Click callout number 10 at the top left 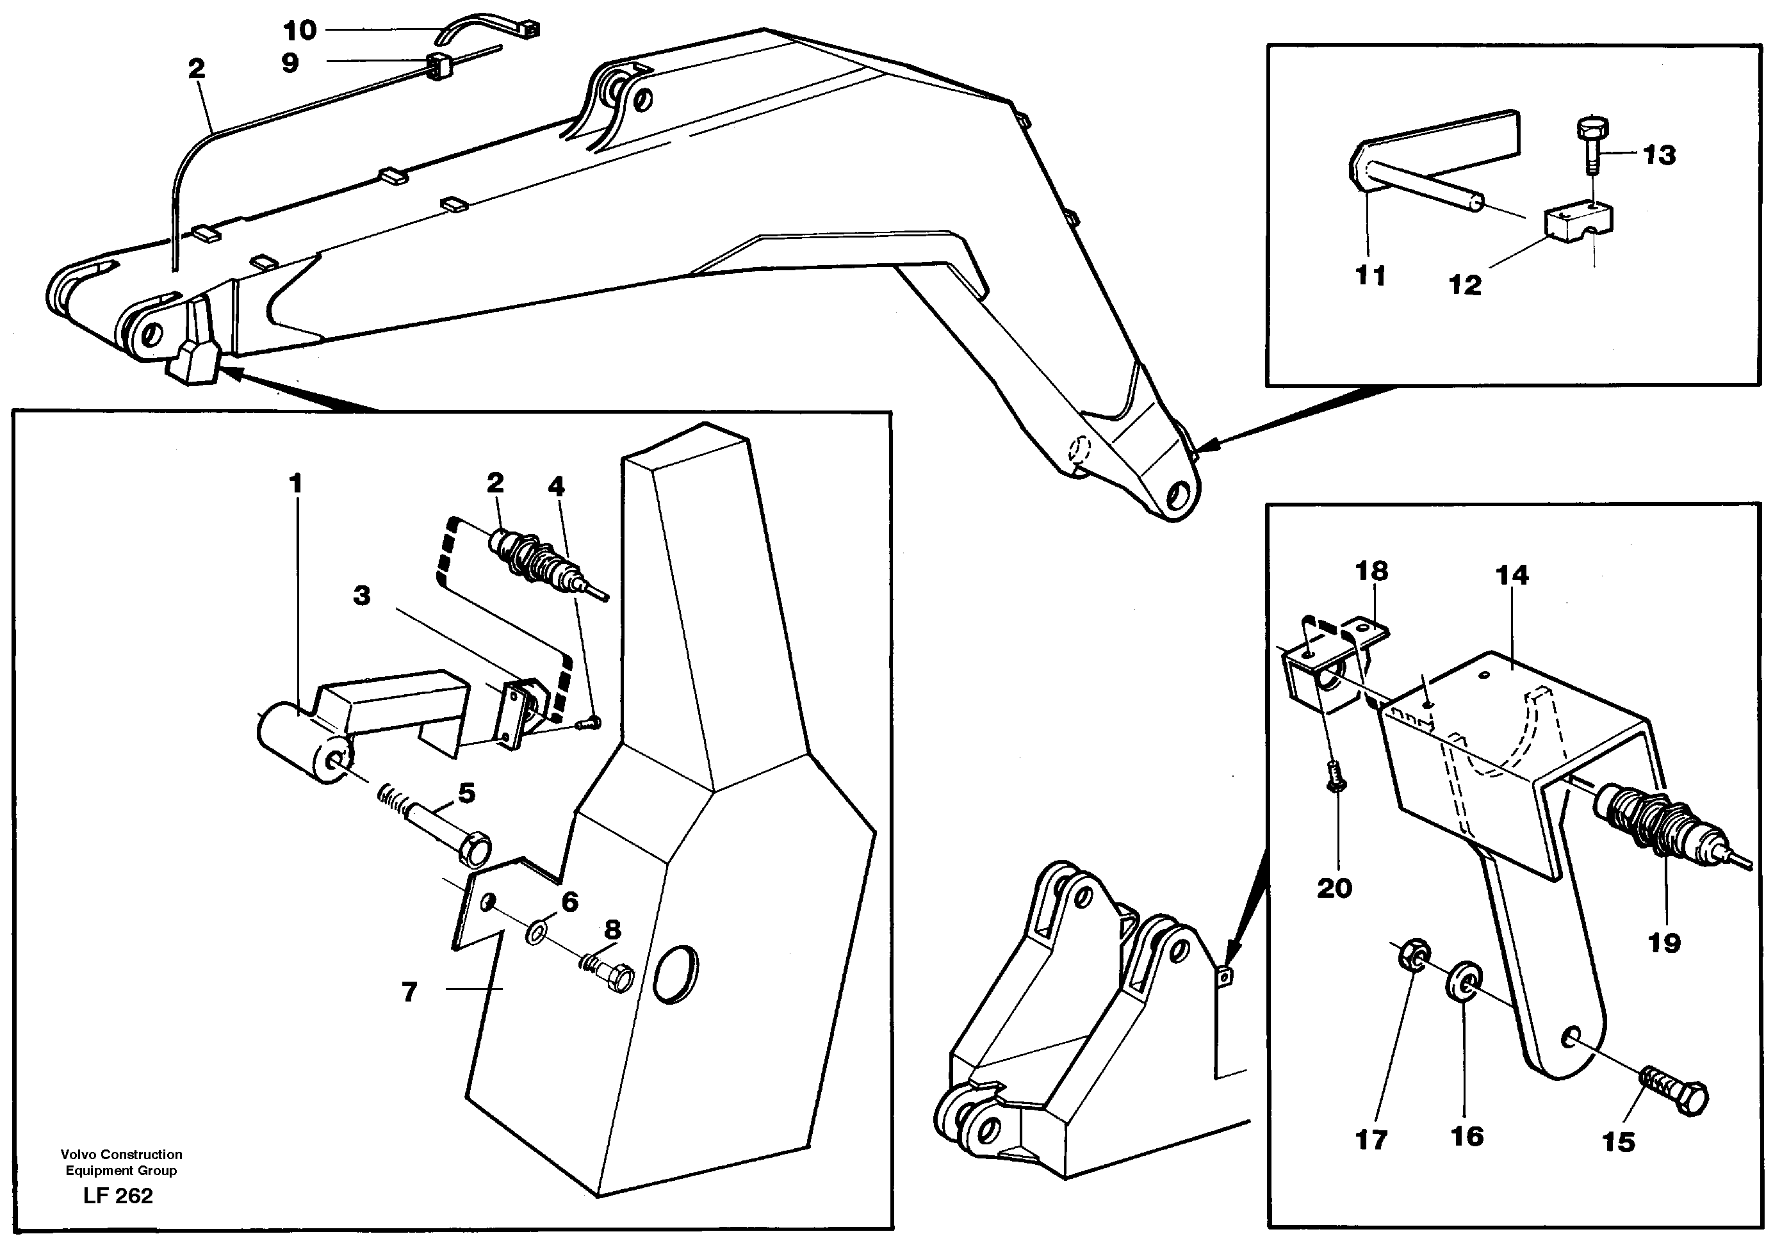[300, 31]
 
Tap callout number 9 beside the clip [290, 63]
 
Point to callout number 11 [1371, 275]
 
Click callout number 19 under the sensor [1664, 943]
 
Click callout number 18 [1371, 571]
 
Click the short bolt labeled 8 [614, 977]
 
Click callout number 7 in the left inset [409, 991]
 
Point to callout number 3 [361, 596]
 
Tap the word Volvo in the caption [79, 1154]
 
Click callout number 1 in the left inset [295, 484]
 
